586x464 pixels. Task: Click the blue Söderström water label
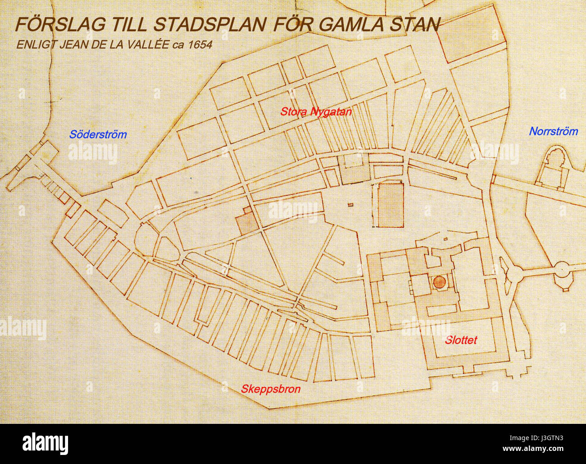[98, 134]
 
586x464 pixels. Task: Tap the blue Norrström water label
[553, 132]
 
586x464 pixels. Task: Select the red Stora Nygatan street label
[316, 111]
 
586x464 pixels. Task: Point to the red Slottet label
[461, 340]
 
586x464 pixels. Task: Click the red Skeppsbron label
[270, 389]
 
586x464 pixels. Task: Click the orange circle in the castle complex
[439, 282]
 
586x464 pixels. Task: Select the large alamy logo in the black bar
[45, 443]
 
